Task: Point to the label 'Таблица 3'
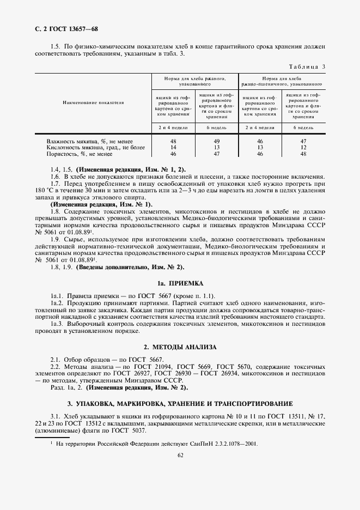click(x=306, y=67)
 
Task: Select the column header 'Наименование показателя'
click(x=93, y=102)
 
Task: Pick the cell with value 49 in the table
click(x=217, y=141)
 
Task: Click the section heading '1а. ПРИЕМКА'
click(x=180, y=284)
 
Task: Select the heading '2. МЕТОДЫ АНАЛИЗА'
click(x=180, y=347)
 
